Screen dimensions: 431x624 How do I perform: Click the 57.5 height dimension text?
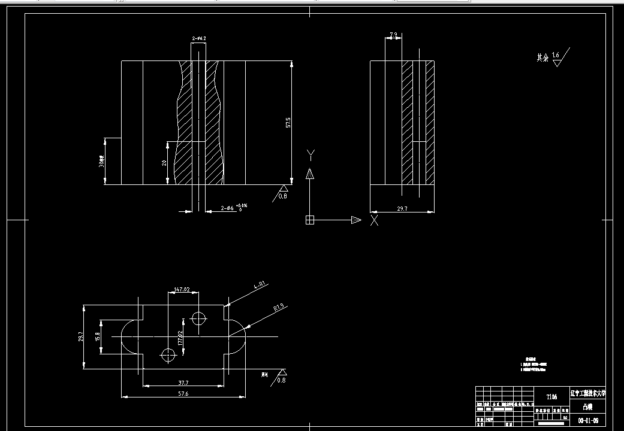click(288, 123)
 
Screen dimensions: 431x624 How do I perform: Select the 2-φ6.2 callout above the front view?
click(199, 39)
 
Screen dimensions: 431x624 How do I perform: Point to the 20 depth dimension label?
click(164, 163)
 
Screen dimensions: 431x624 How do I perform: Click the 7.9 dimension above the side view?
click(393, 35)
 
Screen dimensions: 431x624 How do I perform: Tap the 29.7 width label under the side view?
click(402, 208)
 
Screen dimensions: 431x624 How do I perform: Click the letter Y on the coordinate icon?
click(311, 156)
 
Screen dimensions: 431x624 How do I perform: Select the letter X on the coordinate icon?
click(374, 220)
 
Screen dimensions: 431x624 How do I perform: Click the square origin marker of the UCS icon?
click(310, 220)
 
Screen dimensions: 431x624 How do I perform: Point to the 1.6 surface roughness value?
click(556, 55)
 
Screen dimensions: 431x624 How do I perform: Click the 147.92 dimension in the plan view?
click(182, 290)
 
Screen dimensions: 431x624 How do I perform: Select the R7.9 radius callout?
click(279, 308)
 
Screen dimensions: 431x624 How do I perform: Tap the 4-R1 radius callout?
click(258, 286)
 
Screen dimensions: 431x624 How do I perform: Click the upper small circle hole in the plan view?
click(198, 318)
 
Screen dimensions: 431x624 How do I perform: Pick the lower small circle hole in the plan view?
click(168, 356)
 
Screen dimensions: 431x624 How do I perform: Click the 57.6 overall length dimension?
click(182, 393)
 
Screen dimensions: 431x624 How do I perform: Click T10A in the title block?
click(551, 397)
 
